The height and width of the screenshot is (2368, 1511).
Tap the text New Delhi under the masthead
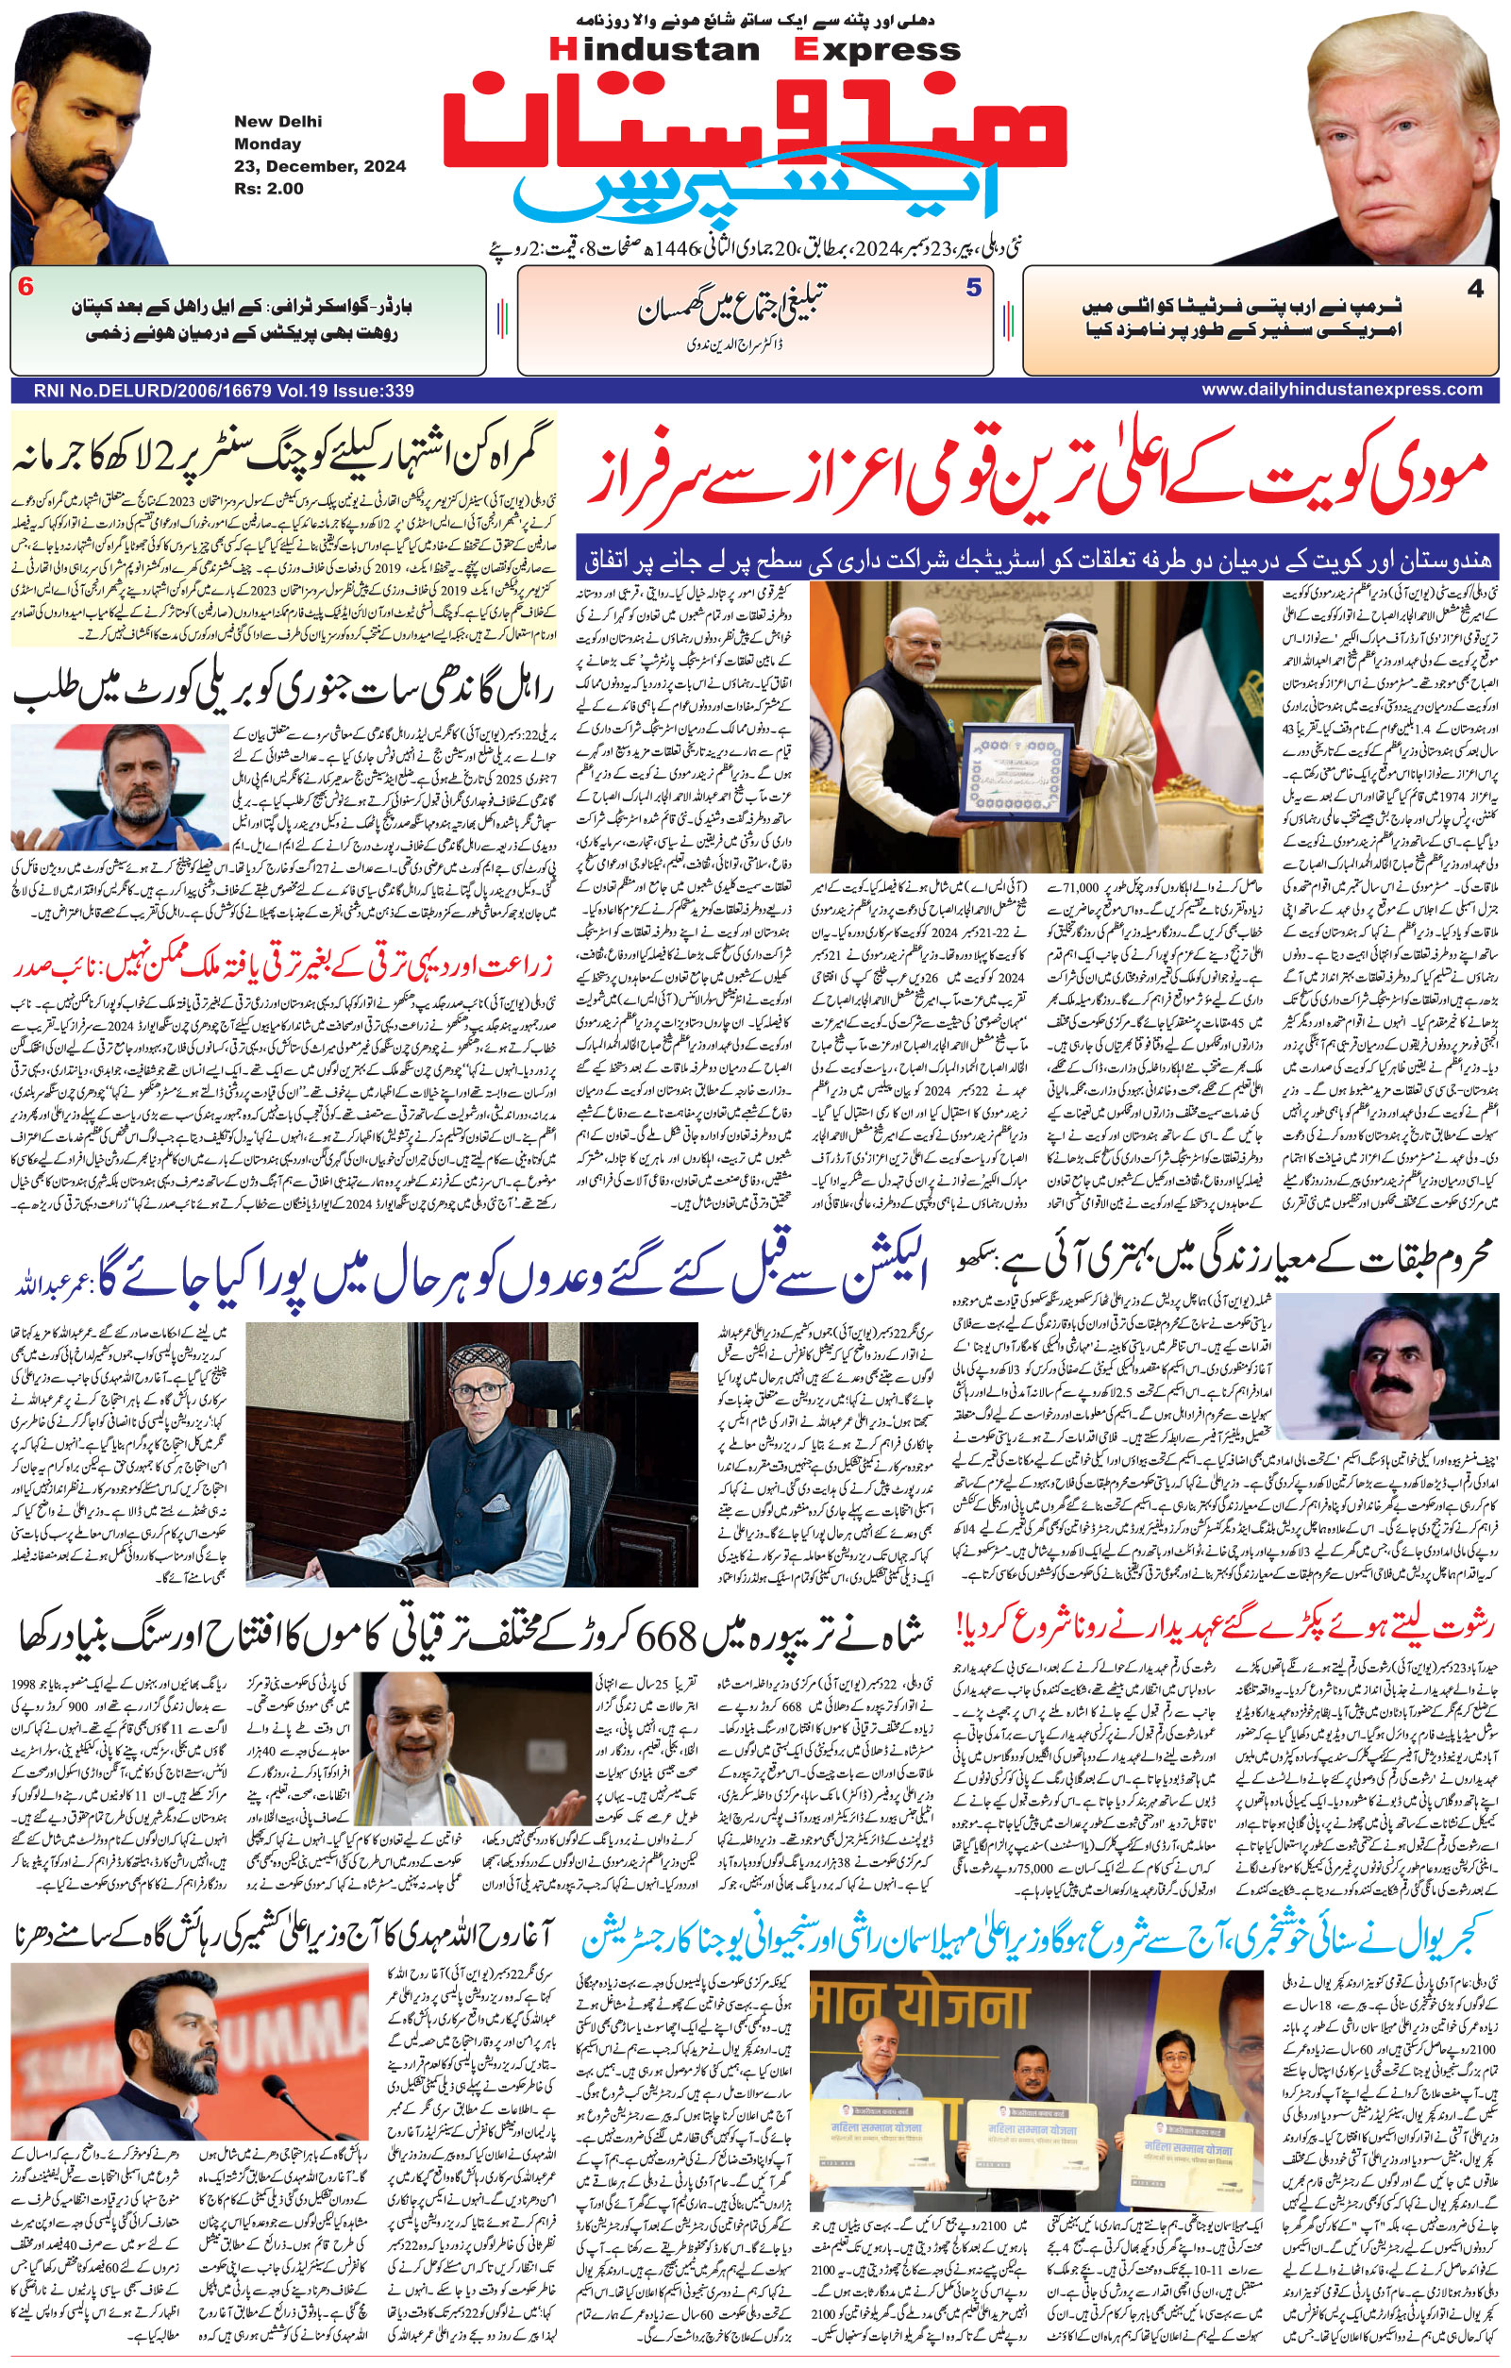tap(277, 122)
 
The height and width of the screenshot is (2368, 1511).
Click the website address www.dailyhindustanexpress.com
tap(1341, 390)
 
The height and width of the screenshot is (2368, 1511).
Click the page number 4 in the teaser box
tap(1474, 289)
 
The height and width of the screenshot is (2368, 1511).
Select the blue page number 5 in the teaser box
tap(973, 288)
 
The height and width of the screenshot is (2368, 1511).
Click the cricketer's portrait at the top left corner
tap(89, 133)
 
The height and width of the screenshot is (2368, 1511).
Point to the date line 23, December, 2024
tap(320, 166)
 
